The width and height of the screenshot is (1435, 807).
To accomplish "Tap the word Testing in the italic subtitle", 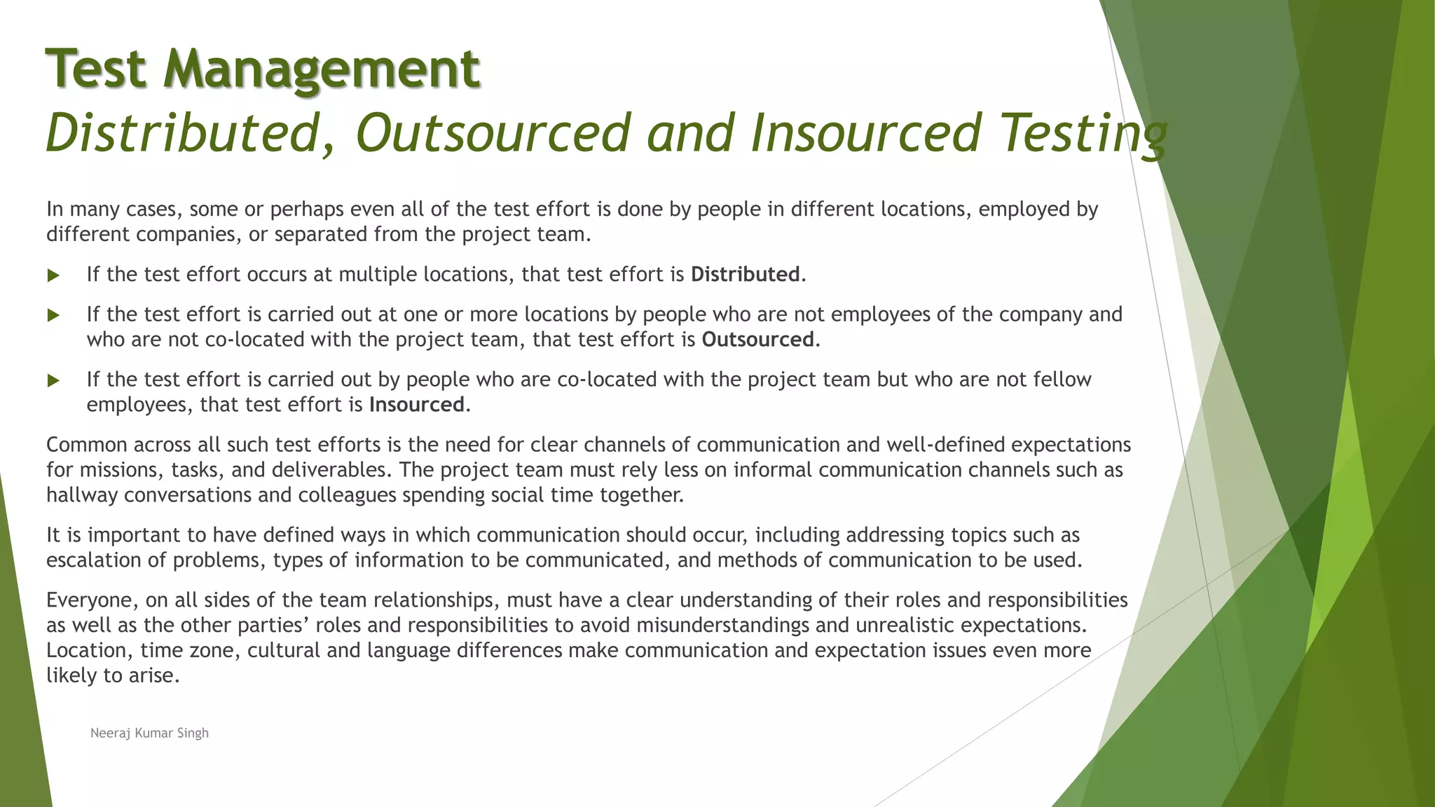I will click(x=1083, y=133).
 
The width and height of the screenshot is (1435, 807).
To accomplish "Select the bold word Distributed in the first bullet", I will click(x=745, y=274).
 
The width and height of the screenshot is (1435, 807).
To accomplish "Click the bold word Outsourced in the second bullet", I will click(x=757, y=340).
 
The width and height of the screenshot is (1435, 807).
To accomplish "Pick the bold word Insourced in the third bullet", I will click(x=417, y=405).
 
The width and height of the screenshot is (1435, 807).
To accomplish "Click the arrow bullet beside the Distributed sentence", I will click(x=53, y=275).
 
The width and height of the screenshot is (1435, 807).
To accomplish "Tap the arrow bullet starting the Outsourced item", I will click(x=53, y=315).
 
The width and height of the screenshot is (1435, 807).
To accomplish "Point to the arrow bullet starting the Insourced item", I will click(x=53, y=380).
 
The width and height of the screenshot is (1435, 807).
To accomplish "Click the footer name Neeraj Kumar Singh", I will click(x=149, y=733).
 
